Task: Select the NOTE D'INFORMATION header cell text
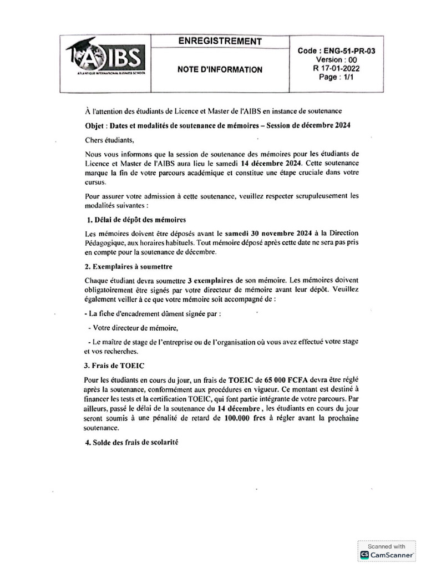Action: coord(220,70)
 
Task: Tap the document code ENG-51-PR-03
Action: coord(336,50)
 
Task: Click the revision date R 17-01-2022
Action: coord(336,69)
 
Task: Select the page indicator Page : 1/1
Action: coord(336,78)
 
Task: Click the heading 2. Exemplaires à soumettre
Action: coord(129,266)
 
